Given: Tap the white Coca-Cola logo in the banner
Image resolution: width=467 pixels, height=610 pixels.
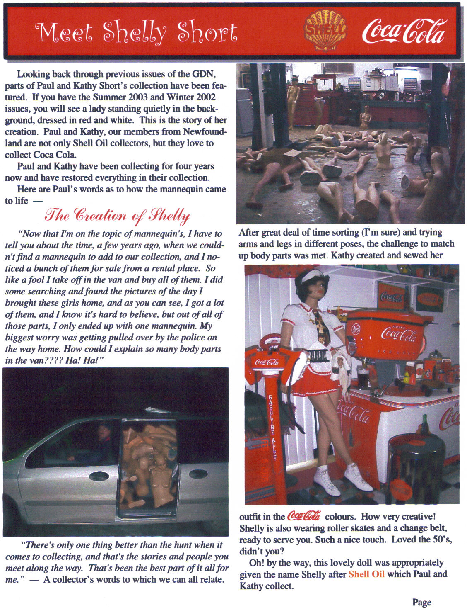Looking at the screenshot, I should click(404, 31).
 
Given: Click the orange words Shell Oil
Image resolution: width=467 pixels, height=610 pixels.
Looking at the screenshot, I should click(366, 574).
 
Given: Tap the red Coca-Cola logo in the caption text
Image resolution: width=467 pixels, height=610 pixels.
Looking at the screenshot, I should click(303, 516).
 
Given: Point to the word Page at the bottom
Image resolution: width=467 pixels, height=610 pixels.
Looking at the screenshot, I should click(421, 602).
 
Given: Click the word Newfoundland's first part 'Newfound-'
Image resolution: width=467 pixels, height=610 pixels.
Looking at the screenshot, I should click(205, 132).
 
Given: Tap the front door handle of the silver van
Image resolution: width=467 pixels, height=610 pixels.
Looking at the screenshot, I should click(99, 476).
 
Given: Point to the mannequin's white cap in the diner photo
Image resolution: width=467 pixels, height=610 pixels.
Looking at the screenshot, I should click(312, 276).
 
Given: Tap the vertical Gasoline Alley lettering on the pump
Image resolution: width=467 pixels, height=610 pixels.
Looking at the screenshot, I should click(272, 427).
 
